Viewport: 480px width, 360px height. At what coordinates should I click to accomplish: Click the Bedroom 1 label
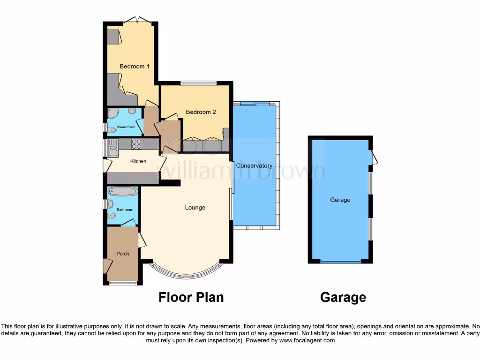[135, 67]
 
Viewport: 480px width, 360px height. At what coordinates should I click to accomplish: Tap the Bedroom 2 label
[201, 112]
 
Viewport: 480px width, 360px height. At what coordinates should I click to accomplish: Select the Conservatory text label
[254, 166]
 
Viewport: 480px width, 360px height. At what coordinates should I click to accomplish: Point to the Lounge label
[195, 208]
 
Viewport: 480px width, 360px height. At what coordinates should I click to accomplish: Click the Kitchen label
[138, 161]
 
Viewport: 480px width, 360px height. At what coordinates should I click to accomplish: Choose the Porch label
[123, 254]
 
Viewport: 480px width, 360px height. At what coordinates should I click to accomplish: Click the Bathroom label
[125, 210]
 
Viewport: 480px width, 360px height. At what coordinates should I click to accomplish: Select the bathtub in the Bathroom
[123, 191]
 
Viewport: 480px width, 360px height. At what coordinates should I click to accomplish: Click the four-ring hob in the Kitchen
[136, 144]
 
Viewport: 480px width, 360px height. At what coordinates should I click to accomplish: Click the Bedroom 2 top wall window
[198, 84]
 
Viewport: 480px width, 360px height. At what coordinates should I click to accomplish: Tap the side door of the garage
[375, 157]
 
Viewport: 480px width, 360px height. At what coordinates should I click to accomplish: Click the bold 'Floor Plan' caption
[191, 297]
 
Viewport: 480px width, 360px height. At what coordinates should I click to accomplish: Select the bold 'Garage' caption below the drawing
[343, 297]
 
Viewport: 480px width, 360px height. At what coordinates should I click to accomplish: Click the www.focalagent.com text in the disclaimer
[307, 341]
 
